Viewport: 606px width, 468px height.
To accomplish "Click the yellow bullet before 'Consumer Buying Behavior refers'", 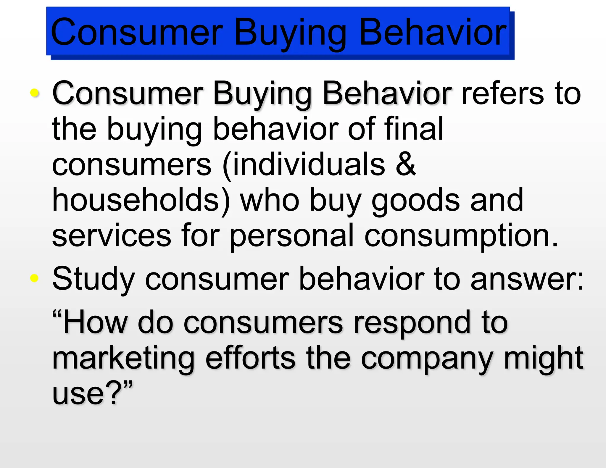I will tap(35, 93).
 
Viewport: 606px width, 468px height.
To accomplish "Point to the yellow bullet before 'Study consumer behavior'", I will tap(35, 278).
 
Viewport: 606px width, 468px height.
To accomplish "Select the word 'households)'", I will tap(141, 200).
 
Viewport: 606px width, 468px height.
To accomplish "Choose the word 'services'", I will tap(111, 236).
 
